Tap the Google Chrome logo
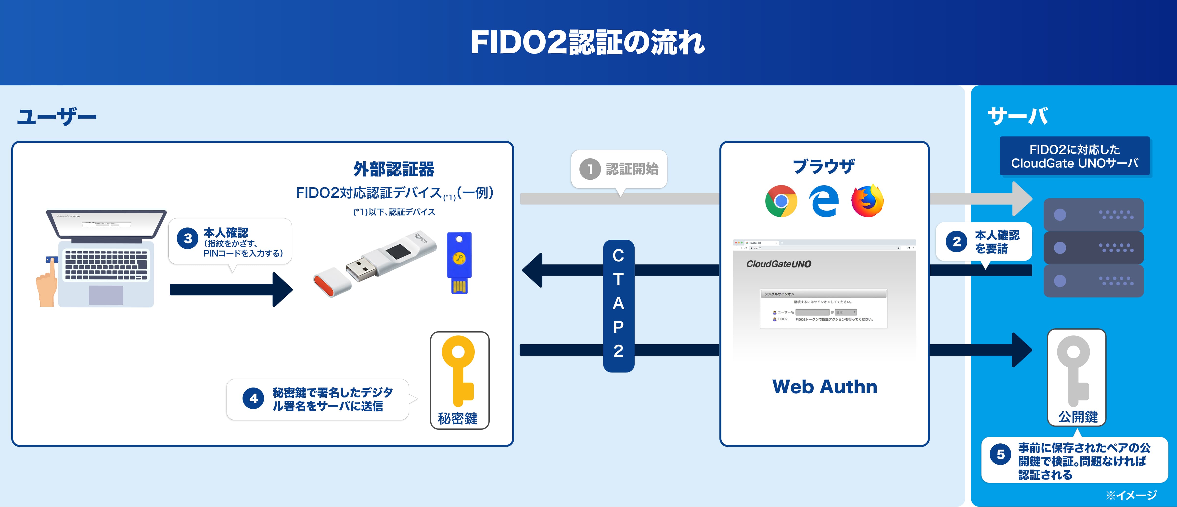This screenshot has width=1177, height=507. [x=781, y=201]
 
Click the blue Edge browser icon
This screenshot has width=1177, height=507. [x=824, y=201]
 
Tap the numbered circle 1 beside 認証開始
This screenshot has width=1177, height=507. [x=590, y=169]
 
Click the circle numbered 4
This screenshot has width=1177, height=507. [x=253, y=399]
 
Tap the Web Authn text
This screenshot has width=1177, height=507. [x=824, y=387]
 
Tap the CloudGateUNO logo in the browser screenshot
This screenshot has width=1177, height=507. [x=779, y=264]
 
